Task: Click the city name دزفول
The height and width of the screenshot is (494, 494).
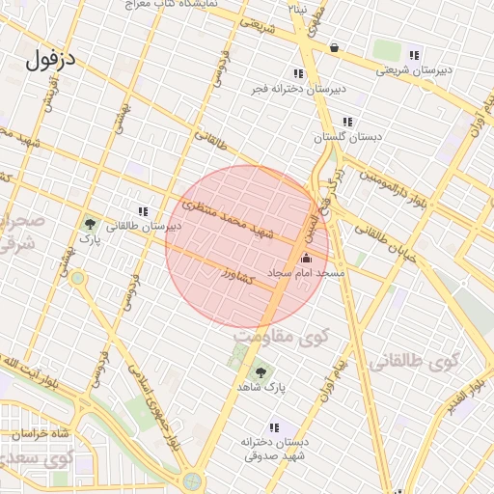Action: click(51, 60)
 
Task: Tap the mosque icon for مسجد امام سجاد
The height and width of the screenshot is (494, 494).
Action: click(308, 258)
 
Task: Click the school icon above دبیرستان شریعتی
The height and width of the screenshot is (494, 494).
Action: click(414, 55)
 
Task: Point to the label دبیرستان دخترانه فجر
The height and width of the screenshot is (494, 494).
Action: click(298, 89)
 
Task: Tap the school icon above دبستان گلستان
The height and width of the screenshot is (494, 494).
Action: click(347, 122)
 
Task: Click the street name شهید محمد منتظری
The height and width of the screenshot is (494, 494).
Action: click(229, 221)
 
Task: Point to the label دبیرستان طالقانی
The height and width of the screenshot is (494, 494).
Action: click(144, 227)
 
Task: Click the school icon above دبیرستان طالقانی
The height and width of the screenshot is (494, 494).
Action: click(143, 211)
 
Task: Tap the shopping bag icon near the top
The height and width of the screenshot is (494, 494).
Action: click(334, 47)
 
